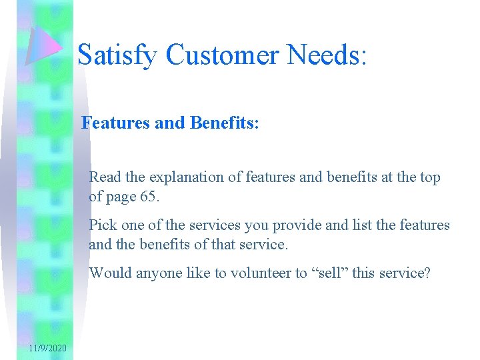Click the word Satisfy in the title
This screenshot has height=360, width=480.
[119, 55]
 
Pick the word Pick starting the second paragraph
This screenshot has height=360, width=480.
[103, 225]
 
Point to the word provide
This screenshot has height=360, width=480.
[288, 226]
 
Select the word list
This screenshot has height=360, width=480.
[351, 225]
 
